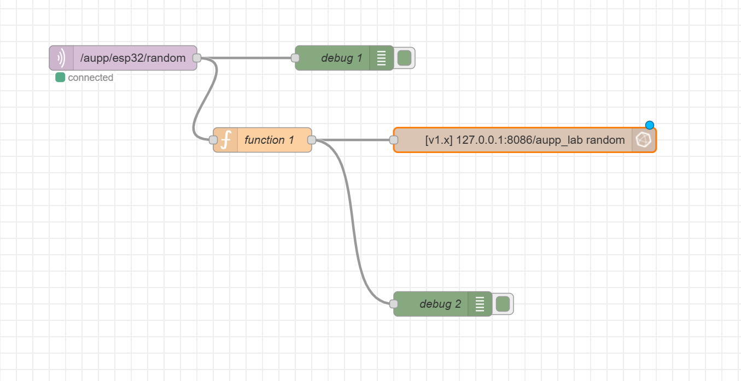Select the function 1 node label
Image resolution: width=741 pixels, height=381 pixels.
click(x=265, y=140)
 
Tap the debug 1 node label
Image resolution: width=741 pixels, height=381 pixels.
click(x=341, y=58)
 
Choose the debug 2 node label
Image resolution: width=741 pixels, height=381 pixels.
click(x=440, y=304)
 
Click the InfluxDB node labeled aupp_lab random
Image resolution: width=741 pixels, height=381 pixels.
click(x=524, y=140)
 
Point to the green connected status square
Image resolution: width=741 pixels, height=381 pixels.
click(x=60, y=78)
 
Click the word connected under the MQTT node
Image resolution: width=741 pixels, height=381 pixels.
click(x=90, y=78)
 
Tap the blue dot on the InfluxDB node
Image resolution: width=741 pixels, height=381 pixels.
click(x=650, y=125)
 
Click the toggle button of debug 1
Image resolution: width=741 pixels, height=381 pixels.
click(x=404, y=58)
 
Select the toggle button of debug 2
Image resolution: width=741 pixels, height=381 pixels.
click(x=503, y=304)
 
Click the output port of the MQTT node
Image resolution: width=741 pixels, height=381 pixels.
click(x=197, y=58)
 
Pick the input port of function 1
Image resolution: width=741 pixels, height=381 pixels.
click(x=213, y=140)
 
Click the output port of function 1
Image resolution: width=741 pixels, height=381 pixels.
click(x=312, y=140)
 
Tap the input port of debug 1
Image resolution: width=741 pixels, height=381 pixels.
click(x=295, y=58)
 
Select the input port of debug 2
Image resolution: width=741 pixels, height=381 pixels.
click(x=394, y=304)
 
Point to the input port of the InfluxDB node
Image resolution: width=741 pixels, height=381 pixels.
click(x=394, y=140)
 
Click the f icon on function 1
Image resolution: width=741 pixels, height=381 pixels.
click(x=225, y=140)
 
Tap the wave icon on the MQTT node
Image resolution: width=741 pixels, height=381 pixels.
click(x=61, y=58)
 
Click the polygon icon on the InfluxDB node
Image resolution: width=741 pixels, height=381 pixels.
click(x=644, y=140)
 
